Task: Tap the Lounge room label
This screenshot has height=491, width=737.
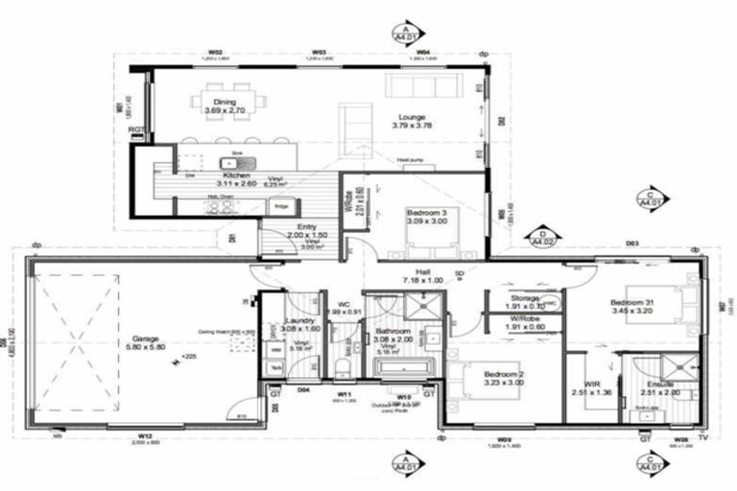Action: click(x=412, y=118)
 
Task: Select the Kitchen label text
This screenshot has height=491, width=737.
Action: click(x=237, y=176)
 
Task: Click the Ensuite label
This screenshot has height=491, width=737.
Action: click(x=658, y=385)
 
